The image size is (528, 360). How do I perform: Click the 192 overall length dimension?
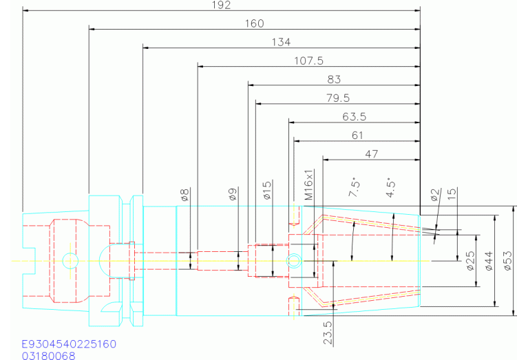[221, 5]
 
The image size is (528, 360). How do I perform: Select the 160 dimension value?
[254, 23]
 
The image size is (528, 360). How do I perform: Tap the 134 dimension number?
[281, 42]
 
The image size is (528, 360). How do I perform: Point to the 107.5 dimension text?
[309, 61]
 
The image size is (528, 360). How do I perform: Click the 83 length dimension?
[334, 79]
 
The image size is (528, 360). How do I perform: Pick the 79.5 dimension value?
[338, 98]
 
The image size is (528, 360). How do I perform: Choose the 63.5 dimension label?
[355, 116]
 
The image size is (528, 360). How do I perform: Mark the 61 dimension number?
[357, 136]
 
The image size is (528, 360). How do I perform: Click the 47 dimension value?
[372, 154]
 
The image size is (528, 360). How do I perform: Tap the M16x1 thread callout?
[309, 185]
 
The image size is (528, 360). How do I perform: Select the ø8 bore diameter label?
[185, 195]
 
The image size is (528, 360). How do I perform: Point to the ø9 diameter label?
[233, 194]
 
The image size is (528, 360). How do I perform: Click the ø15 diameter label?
[267, 191]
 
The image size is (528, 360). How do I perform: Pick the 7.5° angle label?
[355, 187]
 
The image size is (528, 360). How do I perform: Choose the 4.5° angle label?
[390, 188]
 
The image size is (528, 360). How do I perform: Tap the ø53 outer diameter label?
[508, 261]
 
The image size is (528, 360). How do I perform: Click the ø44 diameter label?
[489, 261]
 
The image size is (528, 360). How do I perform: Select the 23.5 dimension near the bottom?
[328, 332]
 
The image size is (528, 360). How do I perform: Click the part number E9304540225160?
[69, 344]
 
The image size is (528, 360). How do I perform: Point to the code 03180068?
[48, 356]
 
